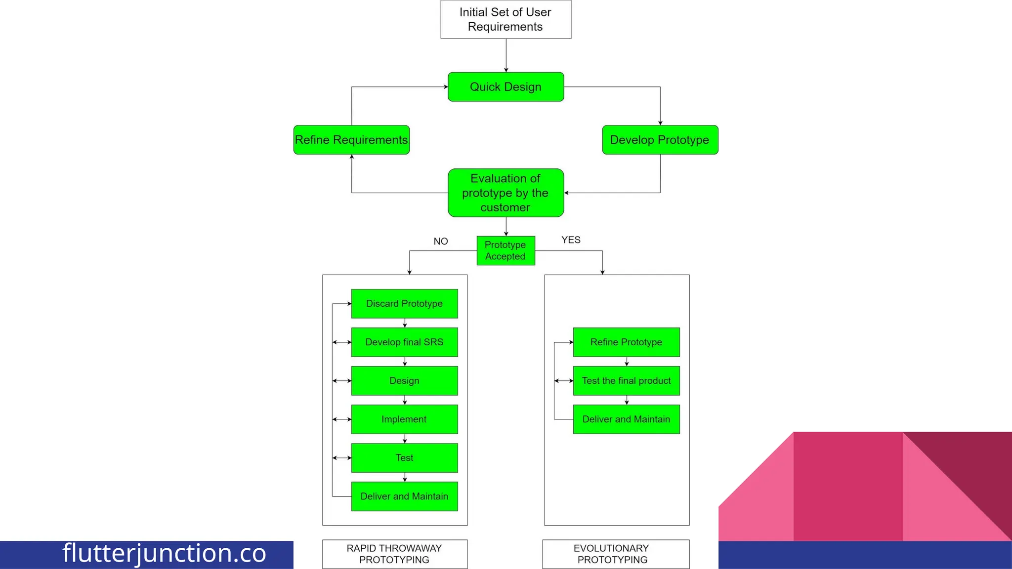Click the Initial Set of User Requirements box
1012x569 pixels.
tap(506, 19)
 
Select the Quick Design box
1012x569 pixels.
tap(506, 87)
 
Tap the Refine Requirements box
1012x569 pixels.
tap(351, 140)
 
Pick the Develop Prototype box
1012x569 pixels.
tap(660, 140)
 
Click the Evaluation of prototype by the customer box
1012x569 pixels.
tap(506, 193)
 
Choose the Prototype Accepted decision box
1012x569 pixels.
tap(506, 250)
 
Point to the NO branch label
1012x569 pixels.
tap(441, 242)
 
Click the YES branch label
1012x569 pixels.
tap(571, 240)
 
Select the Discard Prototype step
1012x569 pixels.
tap(404, 304)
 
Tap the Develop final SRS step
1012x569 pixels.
tap(404, 342)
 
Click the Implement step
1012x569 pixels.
tap(404, 419)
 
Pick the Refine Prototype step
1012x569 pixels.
tap(626, 342)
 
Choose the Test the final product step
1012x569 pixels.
tap(626, 381)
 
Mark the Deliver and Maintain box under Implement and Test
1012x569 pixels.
tap(404, 496)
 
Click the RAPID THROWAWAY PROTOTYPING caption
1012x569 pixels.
tap(394, 554)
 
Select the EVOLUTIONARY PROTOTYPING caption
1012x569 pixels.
tap(612, 554)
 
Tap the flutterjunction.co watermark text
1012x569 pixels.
tap(164, 553)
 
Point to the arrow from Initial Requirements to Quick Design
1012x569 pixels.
tap(506, 55)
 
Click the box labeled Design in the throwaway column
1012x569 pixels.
tap(404, 381)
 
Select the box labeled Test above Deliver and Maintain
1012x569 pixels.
tap(404, 458)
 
